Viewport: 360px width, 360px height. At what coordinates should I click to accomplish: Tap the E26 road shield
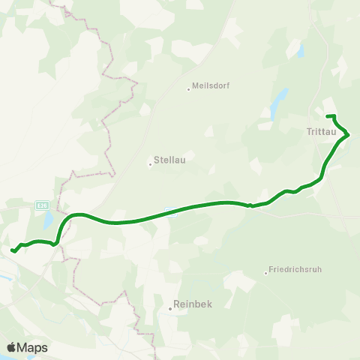[43, 205]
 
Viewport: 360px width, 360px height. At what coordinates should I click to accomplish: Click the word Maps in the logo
[32, 347]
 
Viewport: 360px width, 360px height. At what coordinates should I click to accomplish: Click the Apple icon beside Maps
[11, 347]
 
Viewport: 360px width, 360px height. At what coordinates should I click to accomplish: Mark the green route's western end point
[13, 250]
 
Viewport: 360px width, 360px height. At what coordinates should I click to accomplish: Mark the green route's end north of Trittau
[328, 115]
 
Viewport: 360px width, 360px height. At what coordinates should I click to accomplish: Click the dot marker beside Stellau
[150, 164]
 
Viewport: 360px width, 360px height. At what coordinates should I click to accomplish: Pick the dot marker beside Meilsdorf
[188, 89]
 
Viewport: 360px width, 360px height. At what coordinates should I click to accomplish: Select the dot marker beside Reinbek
[170, 307]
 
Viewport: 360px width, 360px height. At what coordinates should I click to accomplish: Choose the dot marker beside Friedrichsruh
[266, 272]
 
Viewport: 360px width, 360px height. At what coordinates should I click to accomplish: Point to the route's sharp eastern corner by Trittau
[349, 135]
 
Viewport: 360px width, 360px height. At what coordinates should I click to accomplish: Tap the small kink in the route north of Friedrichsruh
[250, 205]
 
